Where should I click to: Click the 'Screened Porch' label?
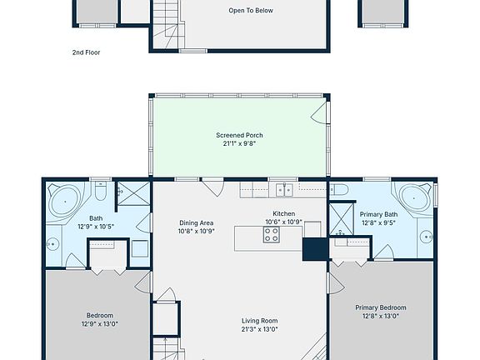(x=239, y=135)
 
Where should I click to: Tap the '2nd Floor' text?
(x=86, y=52)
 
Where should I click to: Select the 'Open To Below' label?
(x=251, y=11)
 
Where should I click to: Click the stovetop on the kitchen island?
(x=272, y=235)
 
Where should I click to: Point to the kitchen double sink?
(x=285, y=190)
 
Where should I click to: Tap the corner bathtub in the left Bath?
(x=63, y=200)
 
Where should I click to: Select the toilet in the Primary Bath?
(x=339, y=190)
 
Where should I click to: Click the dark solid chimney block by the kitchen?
(x=314, y=249)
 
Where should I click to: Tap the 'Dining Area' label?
(x=197, y=222)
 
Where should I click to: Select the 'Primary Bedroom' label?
(x=381, y=307)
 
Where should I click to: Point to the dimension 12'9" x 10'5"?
(x=96, y=226)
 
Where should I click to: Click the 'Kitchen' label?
(x=284, y=213)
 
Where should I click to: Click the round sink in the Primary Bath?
(x=424, y=237)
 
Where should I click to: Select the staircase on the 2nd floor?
(x=167, y=21)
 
